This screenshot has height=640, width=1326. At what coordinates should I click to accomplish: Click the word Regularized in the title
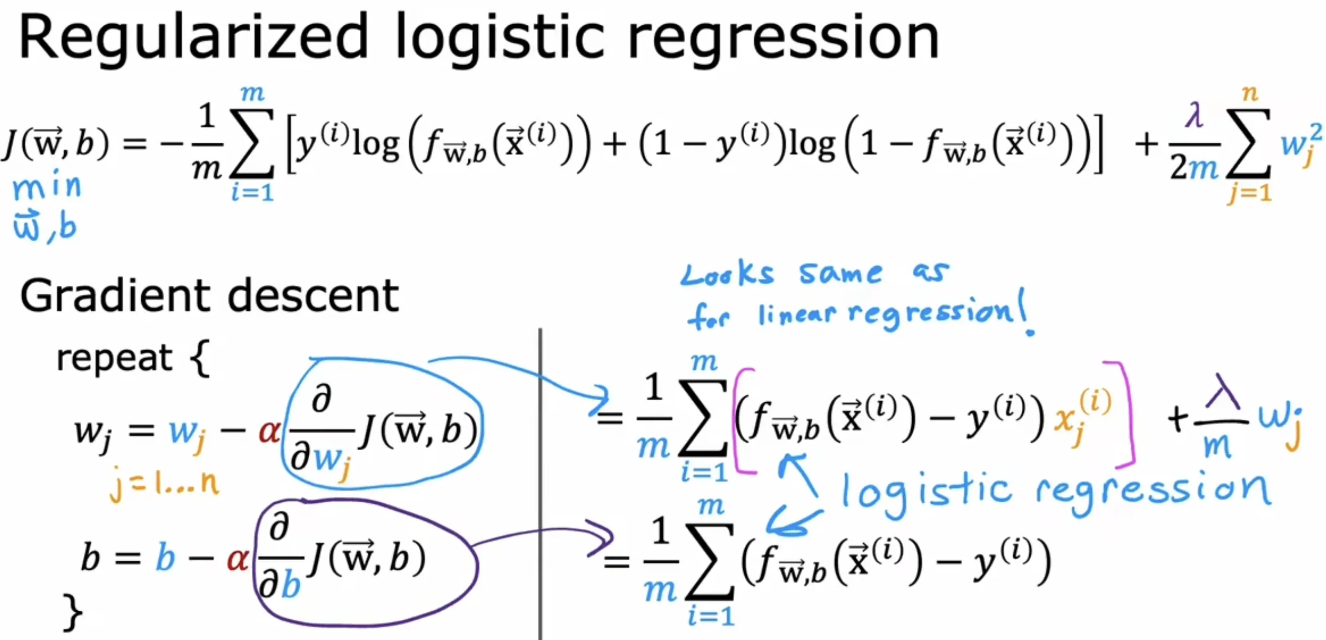click(x=193, y=39)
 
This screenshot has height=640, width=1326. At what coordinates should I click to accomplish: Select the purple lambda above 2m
click(x=1194, y=116)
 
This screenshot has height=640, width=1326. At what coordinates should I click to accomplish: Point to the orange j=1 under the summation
click(x=1250, y=193)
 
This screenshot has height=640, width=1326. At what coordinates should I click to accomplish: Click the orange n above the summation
click(x=1250, y=94)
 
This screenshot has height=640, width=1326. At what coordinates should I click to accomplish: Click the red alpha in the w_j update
click(x=269, y=432)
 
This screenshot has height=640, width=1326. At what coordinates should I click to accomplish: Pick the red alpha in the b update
click(x=237, y=559)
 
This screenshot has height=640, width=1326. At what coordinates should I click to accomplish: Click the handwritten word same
click(x=840, y=273)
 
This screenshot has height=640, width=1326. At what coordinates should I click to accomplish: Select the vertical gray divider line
click(x=540, y=484)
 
